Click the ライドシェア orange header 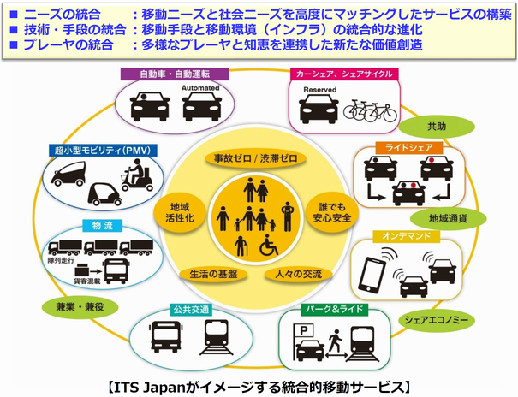coord(401,149)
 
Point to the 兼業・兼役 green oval coord(68,305)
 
